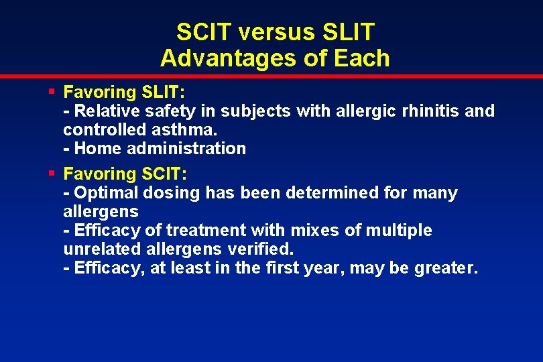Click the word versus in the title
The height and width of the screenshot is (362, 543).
click(275, 32)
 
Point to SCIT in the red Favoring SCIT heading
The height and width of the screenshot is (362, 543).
click(164, 174)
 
